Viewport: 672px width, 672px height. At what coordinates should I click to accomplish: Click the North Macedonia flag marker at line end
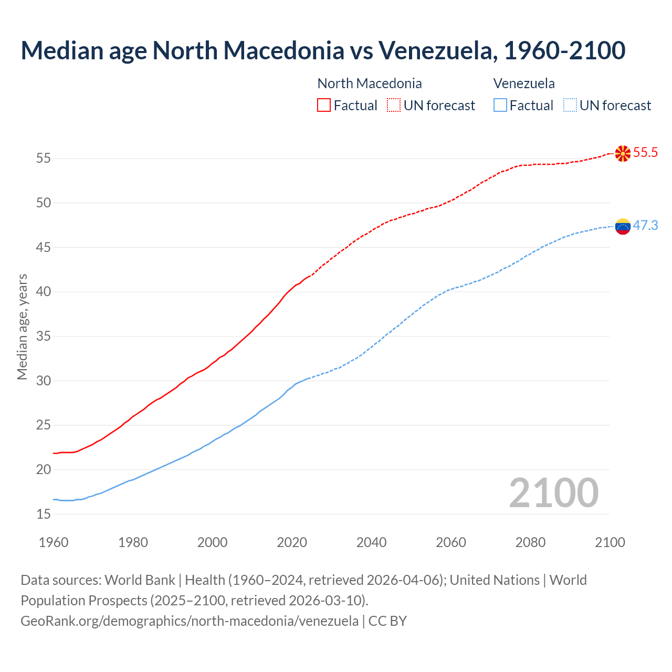pyautogui.click(x=623, y=153)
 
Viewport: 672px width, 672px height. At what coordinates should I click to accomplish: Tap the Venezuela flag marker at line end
pyautogui.click(x=623, y=226)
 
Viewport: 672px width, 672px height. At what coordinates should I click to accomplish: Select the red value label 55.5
pyautogui.click(x=645, y=153)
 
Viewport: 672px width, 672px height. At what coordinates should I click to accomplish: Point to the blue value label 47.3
pyautogui.click(x=645, y=226)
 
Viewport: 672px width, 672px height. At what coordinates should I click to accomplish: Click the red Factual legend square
pyautogui.click(x=324, y=106)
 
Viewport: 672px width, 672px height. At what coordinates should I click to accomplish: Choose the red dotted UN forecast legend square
pyautogui.click(x=394, y=106)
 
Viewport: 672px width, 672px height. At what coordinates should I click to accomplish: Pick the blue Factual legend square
pyautogui.click(x=500, y=106)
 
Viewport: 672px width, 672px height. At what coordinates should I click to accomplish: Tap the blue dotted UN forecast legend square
pyautogui.click(x=570, y=106)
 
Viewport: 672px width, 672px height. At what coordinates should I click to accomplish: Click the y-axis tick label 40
pyautogui.click(x=44, y=292)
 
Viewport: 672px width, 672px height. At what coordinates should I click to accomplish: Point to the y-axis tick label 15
pyautogui.click(x=44, y=514)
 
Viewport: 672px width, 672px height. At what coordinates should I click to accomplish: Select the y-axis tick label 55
pyautogui.click(x=44, y=159)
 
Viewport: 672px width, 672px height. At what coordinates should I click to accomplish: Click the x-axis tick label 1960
pyautogui.click(x=54, y=542)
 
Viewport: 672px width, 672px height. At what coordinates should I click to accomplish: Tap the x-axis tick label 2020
pyautogui.click(x=292, y=542)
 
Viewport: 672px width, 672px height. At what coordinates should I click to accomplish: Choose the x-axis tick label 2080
pyautogui.click(x=530, y=542)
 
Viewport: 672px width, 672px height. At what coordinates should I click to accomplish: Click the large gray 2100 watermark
pyautogui.click(x=553, y=493)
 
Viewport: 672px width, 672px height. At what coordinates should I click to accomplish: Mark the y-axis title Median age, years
pyautogui.click(x=22, y=326)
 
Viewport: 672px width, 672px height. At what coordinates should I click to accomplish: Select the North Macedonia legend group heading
pyautogui.click(x=370, y=83)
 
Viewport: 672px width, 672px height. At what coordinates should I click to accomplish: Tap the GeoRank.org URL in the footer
pyautogui.click(x=190, y=621)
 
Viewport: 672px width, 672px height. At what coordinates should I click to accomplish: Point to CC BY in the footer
pyautogui.click(x=387, y=621)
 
